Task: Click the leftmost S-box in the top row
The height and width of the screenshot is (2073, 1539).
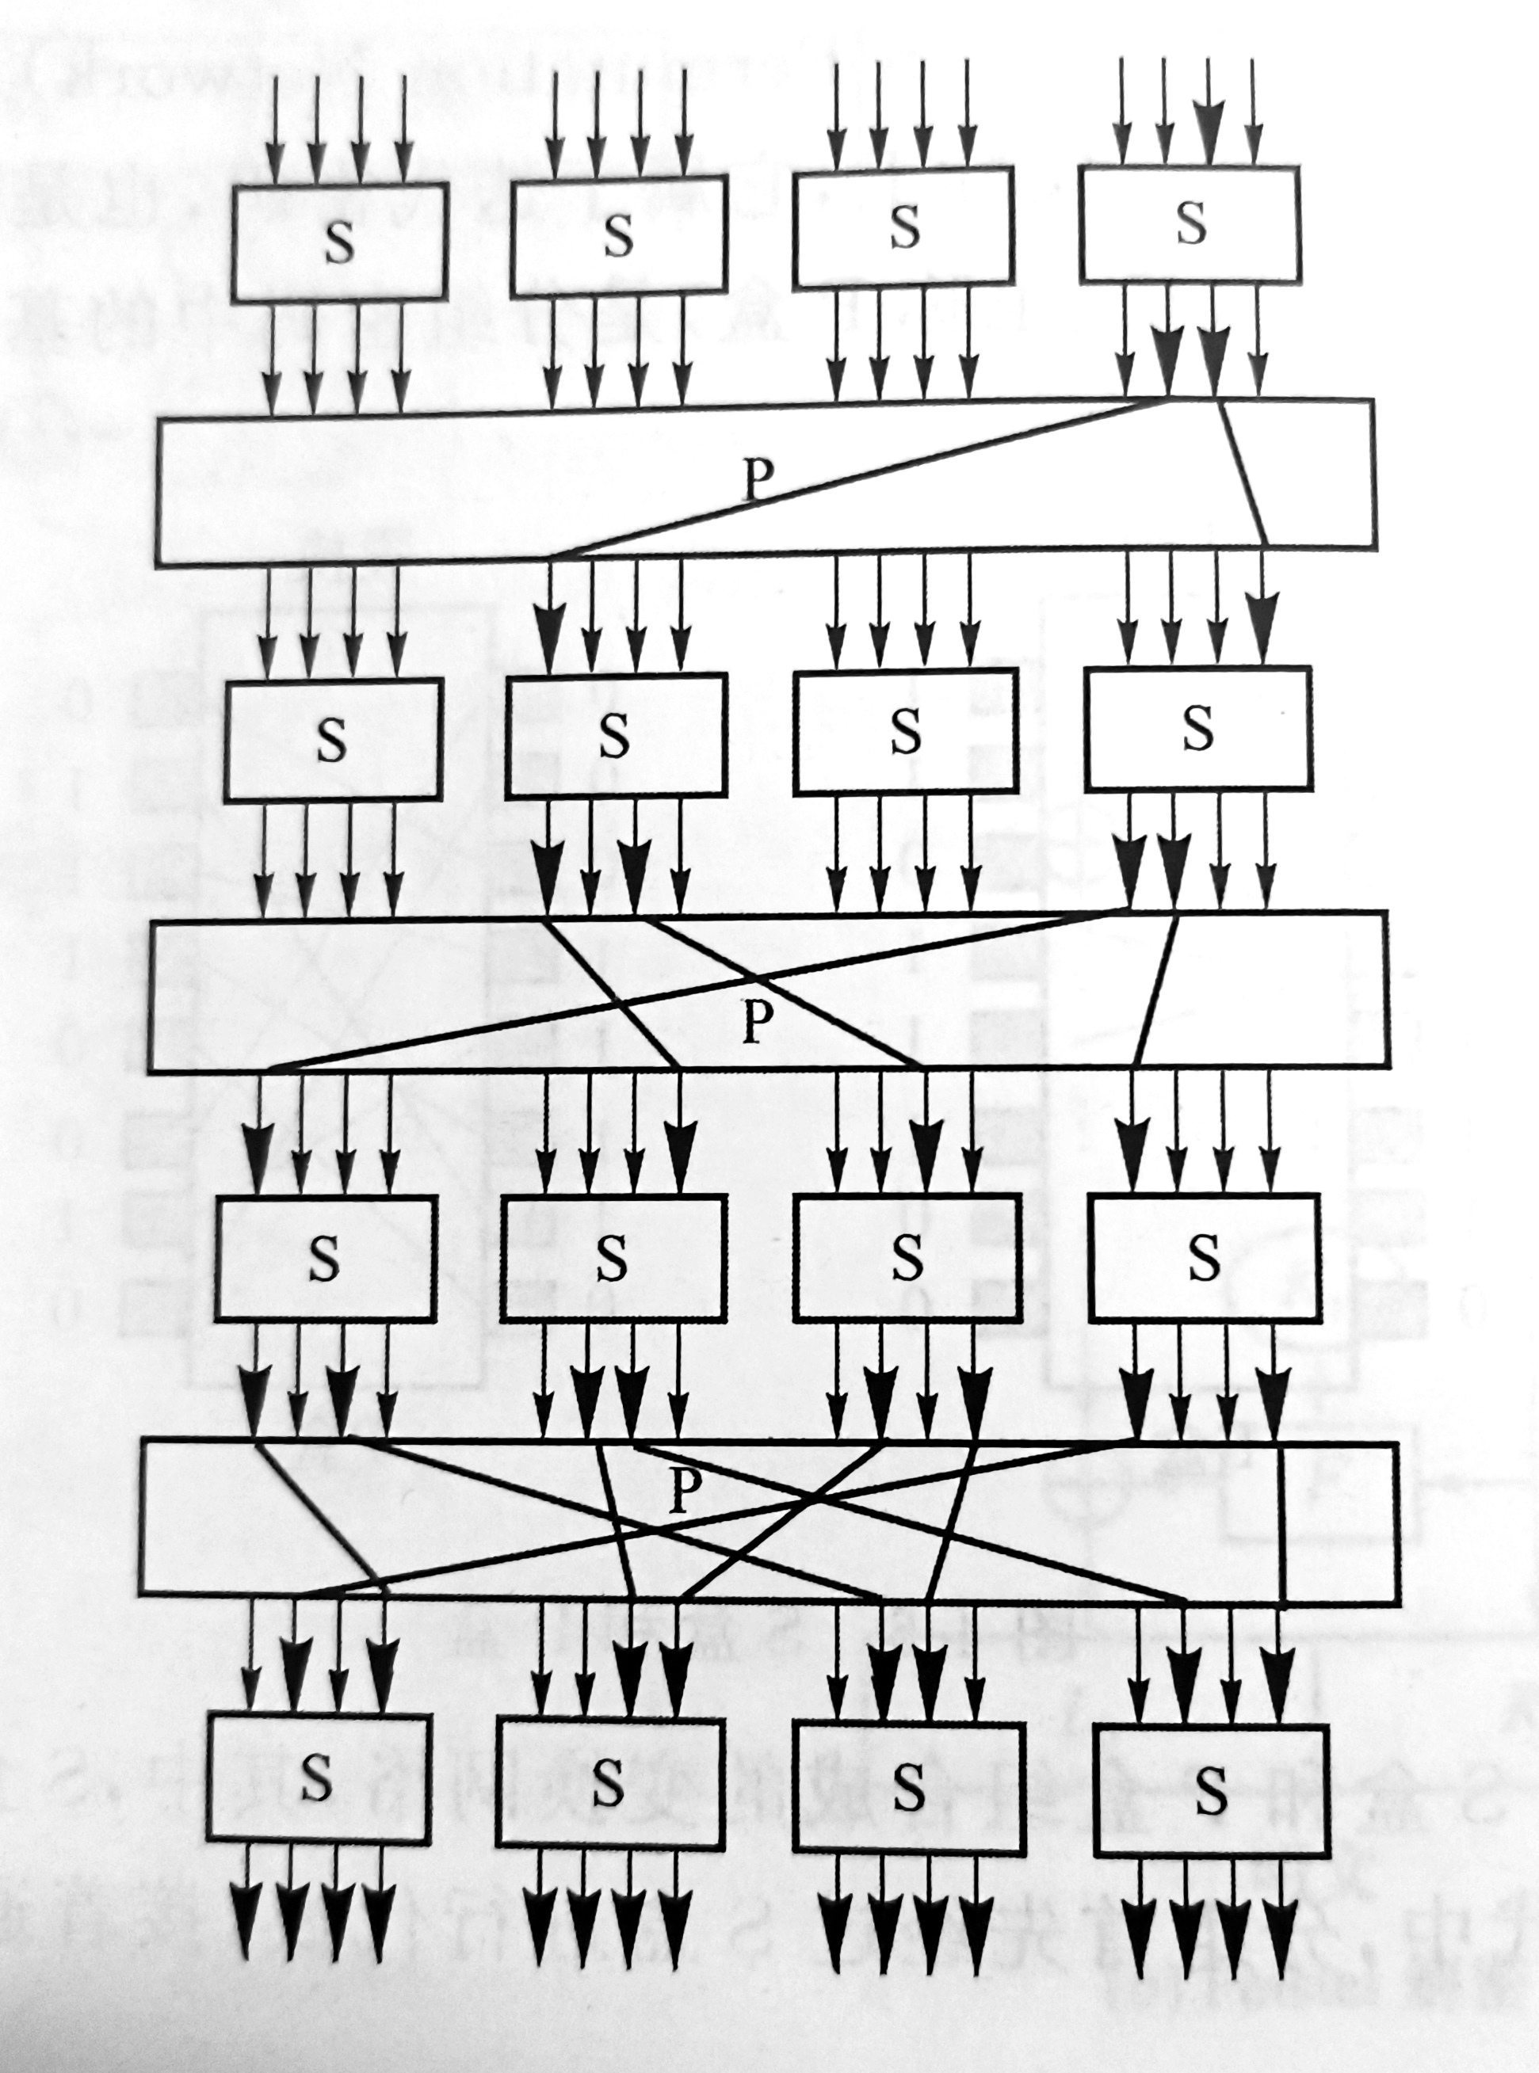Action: click(x=339, y=242)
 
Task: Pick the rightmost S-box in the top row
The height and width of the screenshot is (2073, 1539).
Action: click(x=1190, y=223)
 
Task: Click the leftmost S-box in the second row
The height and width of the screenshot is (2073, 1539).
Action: click(x=331, y=738)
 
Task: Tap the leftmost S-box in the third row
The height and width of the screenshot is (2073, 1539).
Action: click(x=324, y=1258)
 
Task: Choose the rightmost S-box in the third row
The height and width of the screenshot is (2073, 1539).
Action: click(x=1204, y=1256)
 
